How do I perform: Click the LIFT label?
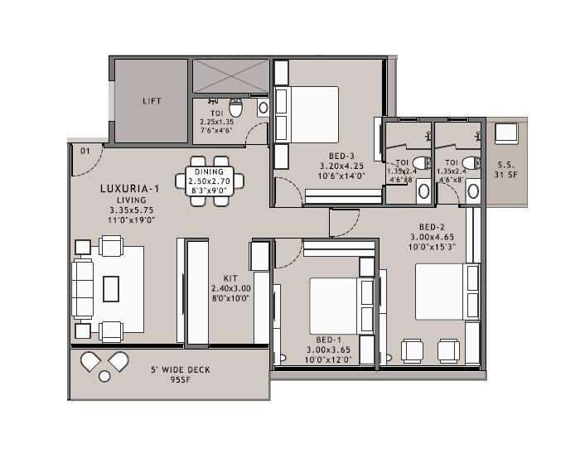click(x=152, y=101)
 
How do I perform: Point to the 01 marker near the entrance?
click(x=85, y=151)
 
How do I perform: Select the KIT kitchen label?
click(x=230, y=278)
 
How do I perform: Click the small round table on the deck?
click(x=104, y=376)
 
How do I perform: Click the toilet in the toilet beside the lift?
click(x=235, y=109)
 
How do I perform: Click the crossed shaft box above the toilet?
click(x=230, y=77)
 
